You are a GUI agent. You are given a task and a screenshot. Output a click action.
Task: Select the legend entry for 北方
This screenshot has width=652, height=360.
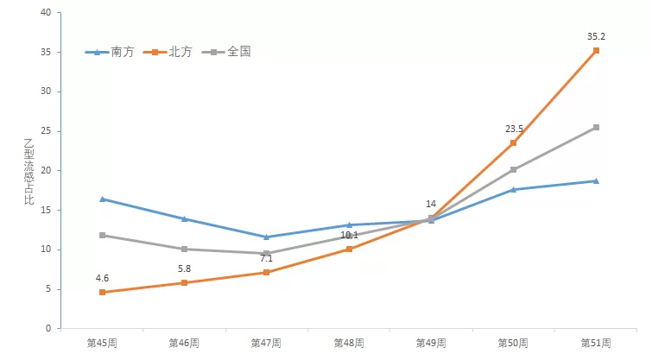pyautogui.click(x=170, y=52)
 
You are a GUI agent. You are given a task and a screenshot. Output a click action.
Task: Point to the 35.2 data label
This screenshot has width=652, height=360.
pyautogui.click(x=596, y=37)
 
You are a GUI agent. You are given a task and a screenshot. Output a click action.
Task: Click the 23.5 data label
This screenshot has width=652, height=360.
pyautogui.click(x=514, y=129)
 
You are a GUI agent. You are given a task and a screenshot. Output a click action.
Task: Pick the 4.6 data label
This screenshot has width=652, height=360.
pyautogui.click(x=102, y=278)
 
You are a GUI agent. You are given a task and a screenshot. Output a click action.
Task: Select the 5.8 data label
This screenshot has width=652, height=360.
pyautogui.click(x=185, y=268)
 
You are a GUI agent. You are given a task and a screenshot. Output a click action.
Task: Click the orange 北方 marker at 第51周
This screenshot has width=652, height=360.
pyautogui.click(x=596, y=51)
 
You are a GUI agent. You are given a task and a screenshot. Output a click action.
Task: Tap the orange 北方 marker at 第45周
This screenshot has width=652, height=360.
pyautogui.click(x=102, y=292)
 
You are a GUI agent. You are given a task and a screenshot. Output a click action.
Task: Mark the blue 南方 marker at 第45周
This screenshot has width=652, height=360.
pyautogui.click(x=102, y=199)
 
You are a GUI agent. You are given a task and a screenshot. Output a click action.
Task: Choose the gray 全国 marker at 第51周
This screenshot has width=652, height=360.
pyautogui.click(x=596, y=127)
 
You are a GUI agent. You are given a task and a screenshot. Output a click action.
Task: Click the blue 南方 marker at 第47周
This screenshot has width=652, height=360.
pyautogui.click(x=267, y=237)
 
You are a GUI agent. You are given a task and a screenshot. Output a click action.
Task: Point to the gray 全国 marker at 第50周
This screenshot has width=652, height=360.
pyautogui.click(x=514, y=169)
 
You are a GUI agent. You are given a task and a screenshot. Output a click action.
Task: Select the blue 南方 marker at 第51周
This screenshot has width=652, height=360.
pyautogui.click(x=596, y=180)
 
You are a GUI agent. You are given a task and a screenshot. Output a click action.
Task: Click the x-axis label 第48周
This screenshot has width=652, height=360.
pyautogui.click(x=349, y=343)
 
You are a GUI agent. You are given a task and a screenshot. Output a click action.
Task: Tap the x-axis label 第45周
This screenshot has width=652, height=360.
pyautogui.click(x=102, y=343)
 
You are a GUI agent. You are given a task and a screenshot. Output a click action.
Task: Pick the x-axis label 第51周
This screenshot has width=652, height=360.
pyautogui.click(x=596, y=343)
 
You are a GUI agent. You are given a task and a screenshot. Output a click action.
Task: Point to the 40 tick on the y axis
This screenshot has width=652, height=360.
pyautogui.click(x=45, y=12)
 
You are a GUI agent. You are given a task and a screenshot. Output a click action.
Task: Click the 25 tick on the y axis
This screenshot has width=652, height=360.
pyautogui.click(x=45, y=131)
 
